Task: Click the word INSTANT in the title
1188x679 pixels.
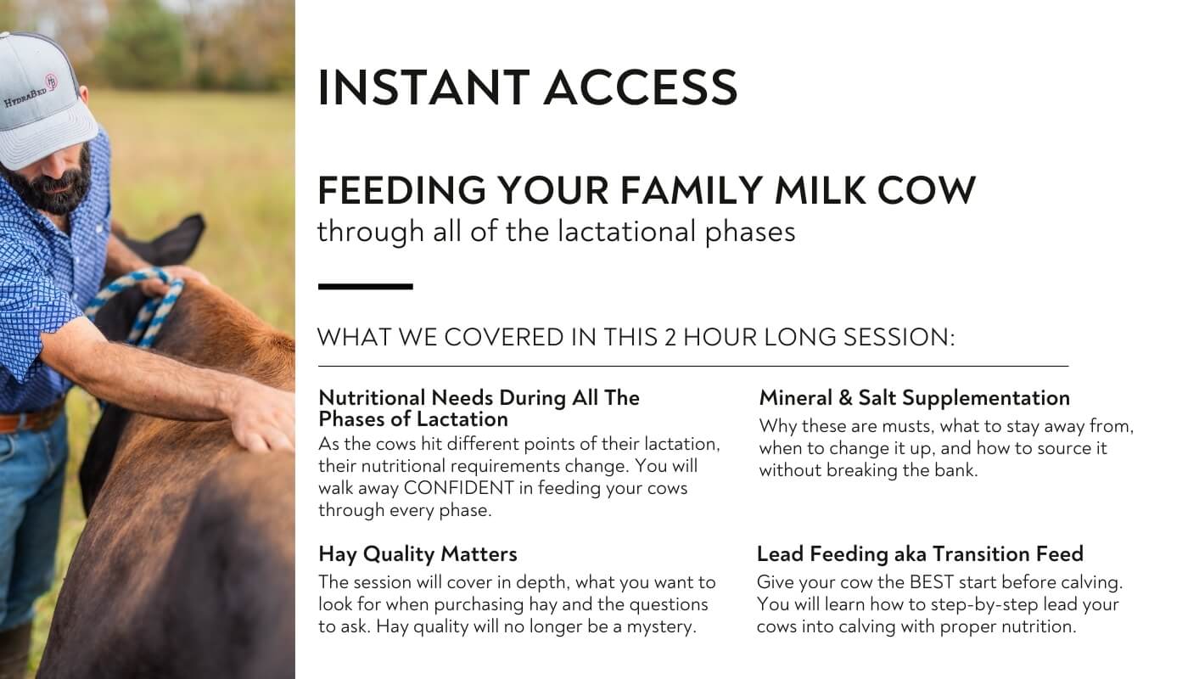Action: (x=423, y=87)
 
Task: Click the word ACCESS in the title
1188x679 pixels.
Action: (x=641, y=87)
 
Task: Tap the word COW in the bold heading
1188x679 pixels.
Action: (x=927, y=190)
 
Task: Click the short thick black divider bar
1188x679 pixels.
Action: (x=366, y=287)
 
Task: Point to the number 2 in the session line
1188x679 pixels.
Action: (x=670, y=338)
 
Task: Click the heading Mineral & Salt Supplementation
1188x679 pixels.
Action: (x=915, y=398)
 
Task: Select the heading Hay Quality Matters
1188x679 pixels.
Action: (x=417, y=554)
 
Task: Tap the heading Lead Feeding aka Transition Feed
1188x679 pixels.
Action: (x=920, y=553)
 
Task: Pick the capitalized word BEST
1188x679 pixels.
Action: (x=931, y=582)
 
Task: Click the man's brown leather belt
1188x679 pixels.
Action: (x=32, y=419)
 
